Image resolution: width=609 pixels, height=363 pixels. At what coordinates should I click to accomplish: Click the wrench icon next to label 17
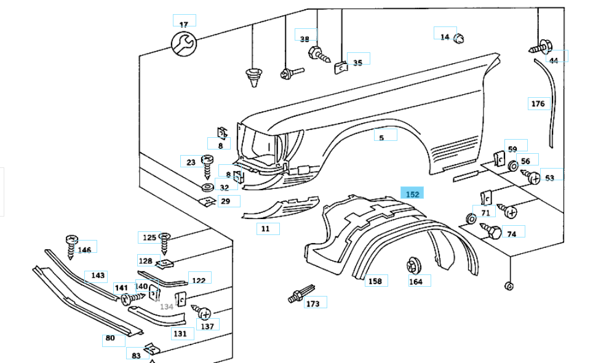[x=182, y=44]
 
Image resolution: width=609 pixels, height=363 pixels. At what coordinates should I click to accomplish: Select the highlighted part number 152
[x=412, y=194]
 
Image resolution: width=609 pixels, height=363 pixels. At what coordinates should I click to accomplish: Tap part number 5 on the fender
[x=381, y=138]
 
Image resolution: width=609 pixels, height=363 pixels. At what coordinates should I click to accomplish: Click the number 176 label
[x=538, y=103]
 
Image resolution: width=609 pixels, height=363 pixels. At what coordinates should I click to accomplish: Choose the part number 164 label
[x=416, y=282]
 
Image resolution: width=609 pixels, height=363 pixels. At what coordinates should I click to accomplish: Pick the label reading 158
[x=375, y=281]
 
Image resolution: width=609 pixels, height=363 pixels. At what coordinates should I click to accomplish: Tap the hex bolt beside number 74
[x=492, y=231]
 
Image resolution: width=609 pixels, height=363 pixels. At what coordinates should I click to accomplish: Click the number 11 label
[x=265, y=228]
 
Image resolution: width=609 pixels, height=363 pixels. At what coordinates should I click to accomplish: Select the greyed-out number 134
[x=166, y=306]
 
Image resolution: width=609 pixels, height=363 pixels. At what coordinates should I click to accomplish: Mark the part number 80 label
[x=110, y=337]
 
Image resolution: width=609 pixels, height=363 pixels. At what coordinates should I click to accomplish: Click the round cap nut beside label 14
[x=458, y=39]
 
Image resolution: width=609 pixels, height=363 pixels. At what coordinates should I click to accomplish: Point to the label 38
[x=304, y=39]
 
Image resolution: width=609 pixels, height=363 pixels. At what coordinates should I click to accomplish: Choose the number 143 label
[x=98, y=276]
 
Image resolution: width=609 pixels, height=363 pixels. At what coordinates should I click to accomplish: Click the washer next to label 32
[x=207, y=187]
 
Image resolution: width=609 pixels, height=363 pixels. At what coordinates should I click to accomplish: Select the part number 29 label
[x=226, y=201]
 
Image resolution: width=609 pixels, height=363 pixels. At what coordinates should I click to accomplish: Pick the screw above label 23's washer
[x=207, y=163]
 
